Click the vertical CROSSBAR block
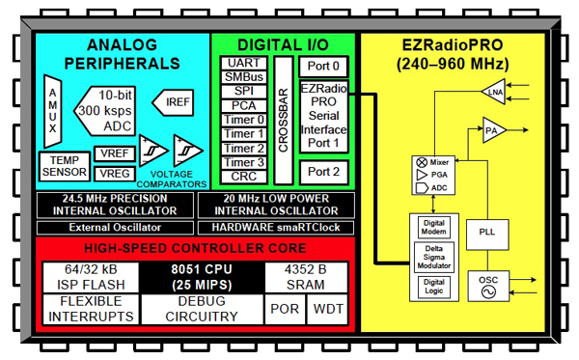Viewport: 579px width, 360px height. (282, 119)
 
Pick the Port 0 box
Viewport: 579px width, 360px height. (323, 68)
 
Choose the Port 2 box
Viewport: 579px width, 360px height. (323, 172)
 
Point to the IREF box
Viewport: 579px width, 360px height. (178, 100)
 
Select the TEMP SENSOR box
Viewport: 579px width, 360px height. (63, 166)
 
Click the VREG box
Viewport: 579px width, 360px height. (113, 174)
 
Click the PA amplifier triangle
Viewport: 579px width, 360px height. (495, 129)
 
